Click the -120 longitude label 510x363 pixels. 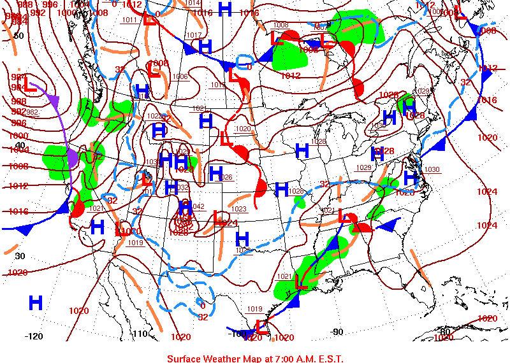pos(33,336)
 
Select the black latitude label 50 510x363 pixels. pos(18,36)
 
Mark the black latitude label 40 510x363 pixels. pos(20,145)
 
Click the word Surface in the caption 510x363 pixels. pos(186,358)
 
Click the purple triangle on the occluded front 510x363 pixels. pos(54,100)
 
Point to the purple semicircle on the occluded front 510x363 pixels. pos(73,158)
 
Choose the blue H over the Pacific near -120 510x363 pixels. pos(36,302)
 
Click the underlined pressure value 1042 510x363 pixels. pos(198,206)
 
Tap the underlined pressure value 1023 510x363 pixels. pos(239,209)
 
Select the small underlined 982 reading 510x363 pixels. pos(32,113)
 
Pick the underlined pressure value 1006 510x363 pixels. pos(180,77)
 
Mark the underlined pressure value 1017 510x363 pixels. pos(194,36)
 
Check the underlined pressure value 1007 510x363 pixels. pos(321,27)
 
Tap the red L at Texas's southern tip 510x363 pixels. pos(260,327)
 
